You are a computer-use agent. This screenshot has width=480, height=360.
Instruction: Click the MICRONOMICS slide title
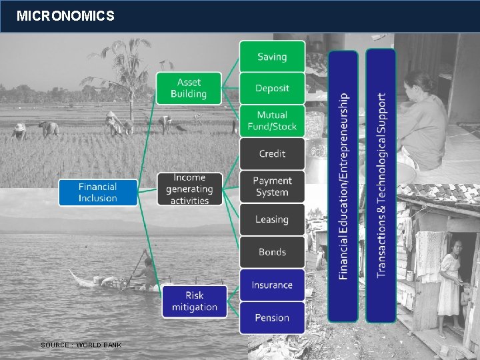tap(65, 15)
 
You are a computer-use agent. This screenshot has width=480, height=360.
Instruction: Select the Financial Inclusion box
tap(98, 192)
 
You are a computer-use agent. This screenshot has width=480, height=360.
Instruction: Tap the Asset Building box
tap(189, 88)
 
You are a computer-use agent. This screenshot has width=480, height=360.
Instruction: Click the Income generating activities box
tap(189, 189)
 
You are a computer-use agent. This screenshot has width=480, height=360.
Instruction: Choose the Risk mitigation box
tap(195, 301)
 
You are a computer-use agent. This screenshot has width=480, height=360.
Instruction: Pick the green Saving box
tap(272, 56)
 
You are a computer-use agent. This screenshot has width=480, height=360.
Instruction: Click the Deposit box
tap(272, 88)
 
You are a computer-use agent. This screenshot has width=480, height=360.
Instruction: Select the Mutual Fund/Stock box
tap(272, 121)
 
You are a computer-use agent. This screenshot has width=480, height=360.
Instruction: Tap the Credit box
tap(272, 153)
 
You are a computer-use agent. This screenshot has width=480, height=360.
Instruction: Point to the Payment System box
tap(272, 186)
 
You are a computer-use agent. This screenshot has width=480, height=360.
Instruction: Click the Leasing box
tap(272, 219)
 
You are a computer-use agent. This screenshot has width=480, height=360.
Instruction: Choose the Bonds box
tap(272, 251)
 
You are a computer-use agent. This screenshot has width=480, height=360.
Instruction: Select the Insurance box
tap(272, 285)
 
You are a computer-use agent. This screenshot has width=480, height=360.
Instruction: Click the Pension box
tap(272, 317)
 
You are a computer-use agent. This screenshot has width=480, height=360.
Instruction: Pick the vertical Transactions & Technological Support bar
tap(381, 185)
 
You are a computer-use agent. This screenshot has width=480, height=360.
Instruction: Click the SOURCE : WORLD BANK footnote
tap(81, 345)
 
